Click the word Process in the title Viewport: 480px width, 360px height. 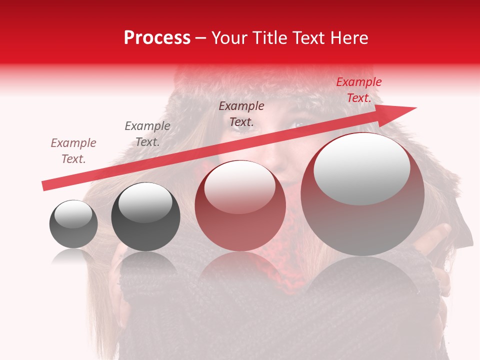(x=157, y=38)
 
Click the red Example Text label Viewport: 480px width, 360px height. (x=358, y=90)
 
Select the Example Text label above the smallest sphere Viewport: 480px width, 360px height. (x=73, y=151)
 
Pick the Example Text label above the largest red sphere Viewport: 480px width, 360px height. (x=241, y=114)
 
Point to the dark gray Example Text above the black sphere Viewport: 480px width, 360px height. (x=147, y=134)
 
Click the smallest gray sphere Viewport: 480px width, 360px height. (x=73, y=224)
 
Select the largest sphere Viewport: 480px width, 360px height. (x=362, y=195)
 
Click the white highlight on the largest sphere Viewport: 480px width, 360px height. (x=361, y=168)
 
